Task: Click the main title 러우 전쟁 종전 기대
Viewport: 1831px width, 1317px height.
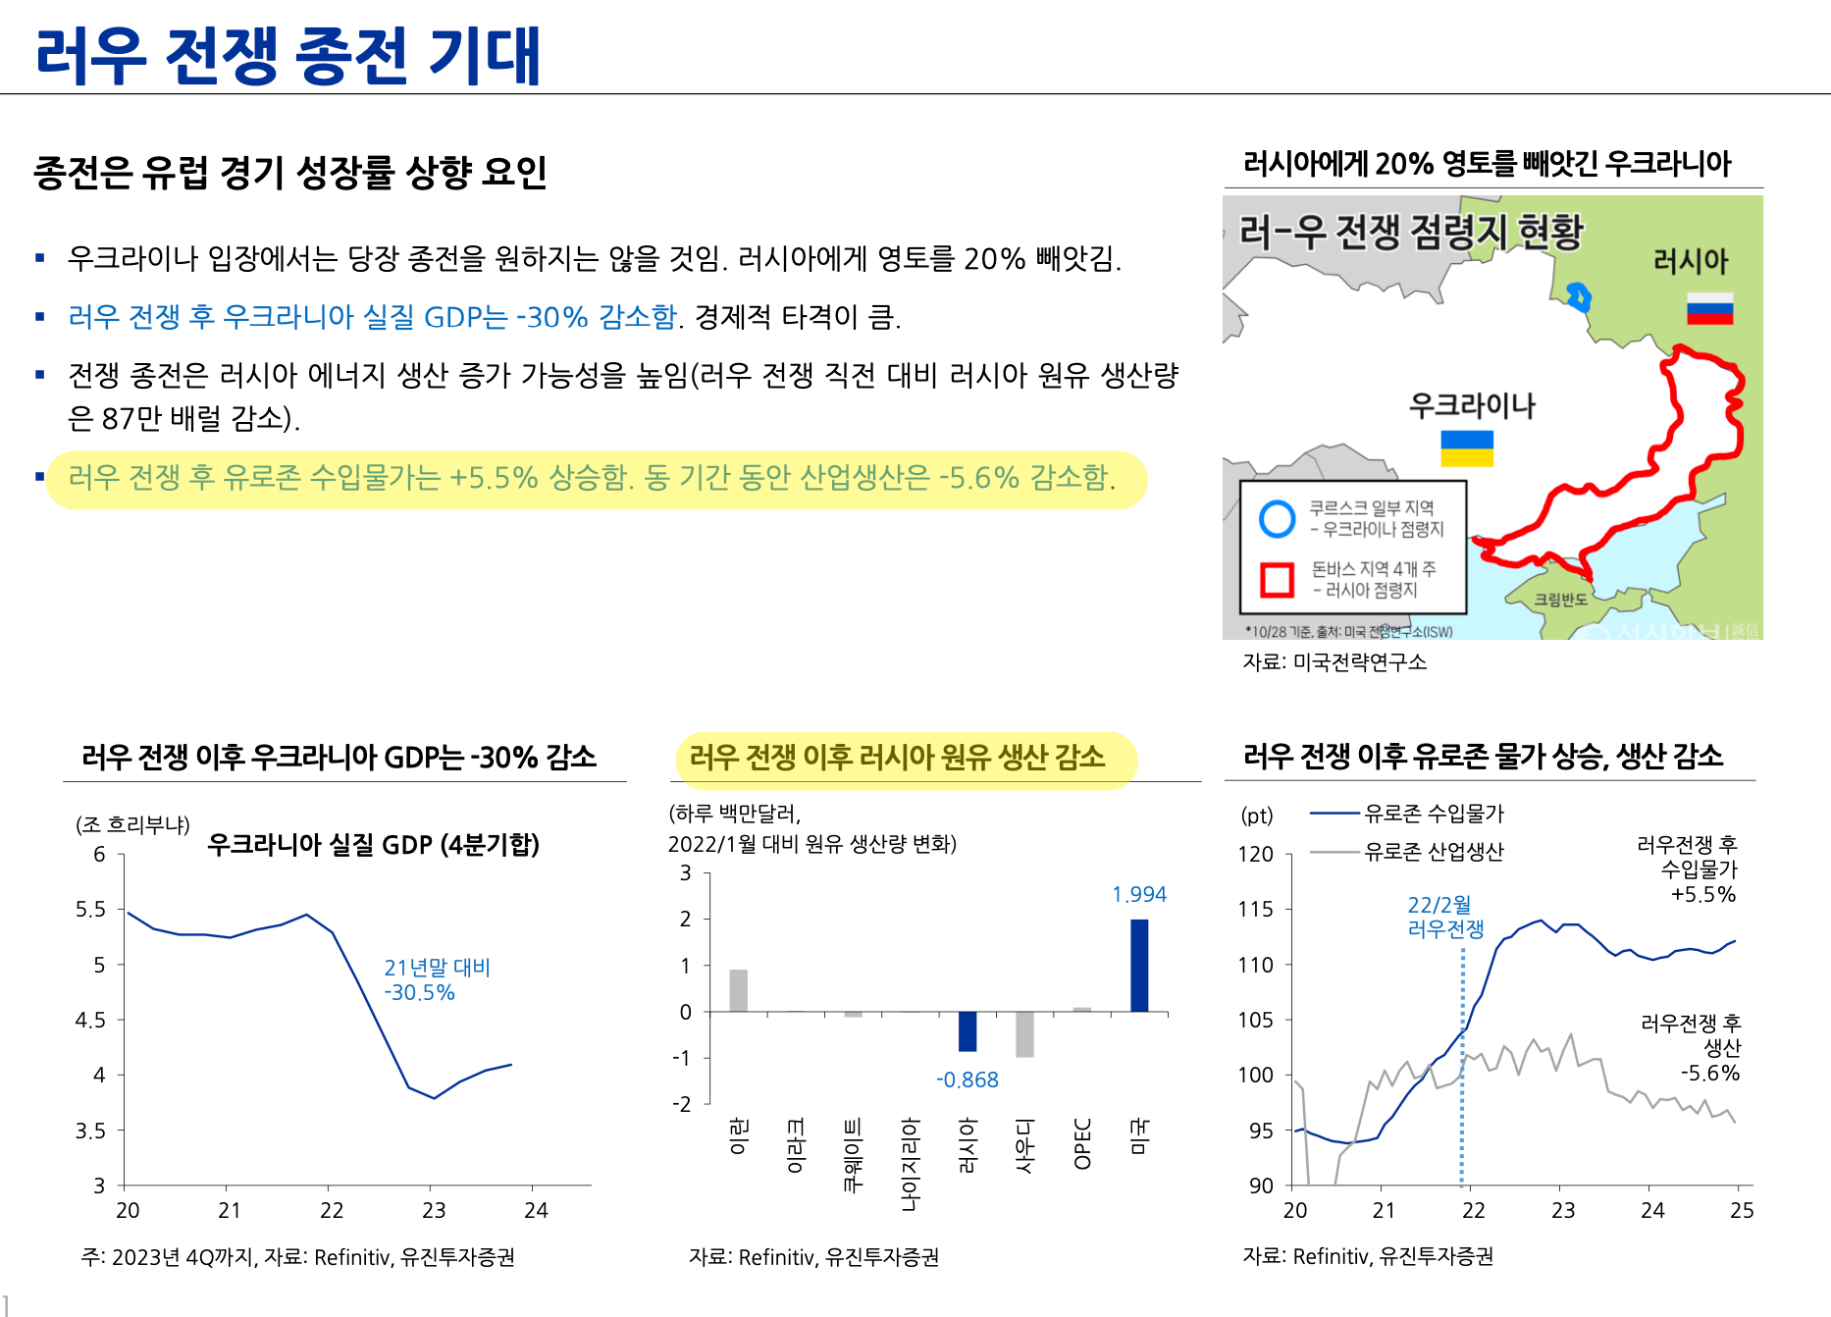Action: pos(288,56)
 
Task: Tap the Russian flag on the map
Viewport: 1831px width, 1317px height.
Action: pos(1709,308)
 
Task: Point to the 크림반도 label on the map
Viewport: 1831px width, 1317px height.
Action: pos(1560,599)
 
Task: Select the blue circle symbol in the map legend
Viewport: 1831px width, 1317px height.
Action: pos(1277,518)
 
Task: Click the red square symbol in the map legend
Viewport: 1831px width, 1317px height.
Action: pos(1277,579)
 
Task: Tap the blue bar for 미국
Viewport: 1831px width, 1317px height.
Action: pos(1139,965)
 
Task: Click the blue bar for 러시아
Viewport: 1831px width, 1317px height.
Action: pos(968,1030)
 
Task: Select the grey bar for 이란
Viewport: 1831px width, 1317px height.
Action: pos(738,990)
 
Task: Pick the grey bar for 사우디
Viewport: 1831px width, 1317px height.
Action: pos(1024,1033)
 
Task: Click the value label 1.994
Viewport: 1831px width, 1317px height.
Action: pos(1138,894)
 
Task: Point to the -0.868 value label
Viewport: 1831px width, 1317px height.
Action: pos(967,1080)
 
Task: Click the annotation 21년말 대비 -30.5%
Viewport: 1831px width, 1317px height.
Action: pos(436,979)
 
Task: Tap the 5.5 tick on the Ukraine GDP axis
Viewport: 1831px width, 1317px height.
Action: pos(90,910)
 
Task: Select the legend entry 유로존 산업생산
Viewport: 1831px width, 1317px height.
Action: pos(1433,852)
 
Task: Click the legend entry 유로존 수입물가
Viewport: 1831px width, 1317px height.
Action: pos(1433,814)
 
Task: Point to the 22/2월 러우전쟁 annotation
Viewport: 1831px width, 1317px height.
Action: pos(1444,917)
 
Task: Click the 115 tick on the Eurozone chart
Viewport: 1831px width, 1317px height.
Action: pos(1255,910)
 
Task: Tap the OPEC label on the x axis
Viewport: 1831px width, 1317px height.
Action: pos(1082,1144)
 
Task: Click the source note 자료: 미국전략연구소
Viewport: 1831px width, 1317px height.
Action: pos(1334,662)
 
